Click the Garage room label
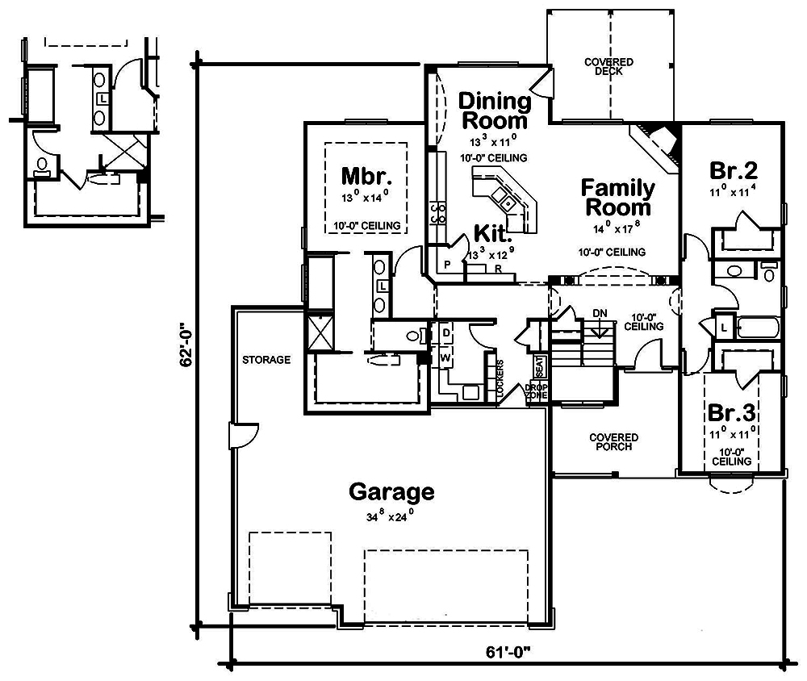coord(391,491)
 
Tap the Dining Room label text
coord(494,111)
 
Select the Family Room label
coord(618,198)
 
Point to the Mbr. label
coord(366,176)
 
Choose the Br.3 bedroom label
coord(731,412)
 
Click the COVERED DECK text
coord(609,67)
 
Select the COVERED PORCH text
coord(615,442)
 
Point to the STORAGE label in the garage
coord(266,360)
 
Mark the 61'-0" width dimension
coord(506,650)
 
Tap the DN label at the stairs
coord(599,313)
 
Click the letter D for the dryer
coord(445,332)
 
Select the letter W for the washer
coord(445,357)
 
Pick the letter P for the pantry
coord(446,264)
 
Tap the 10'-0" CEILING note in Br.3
coord(731,456)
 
